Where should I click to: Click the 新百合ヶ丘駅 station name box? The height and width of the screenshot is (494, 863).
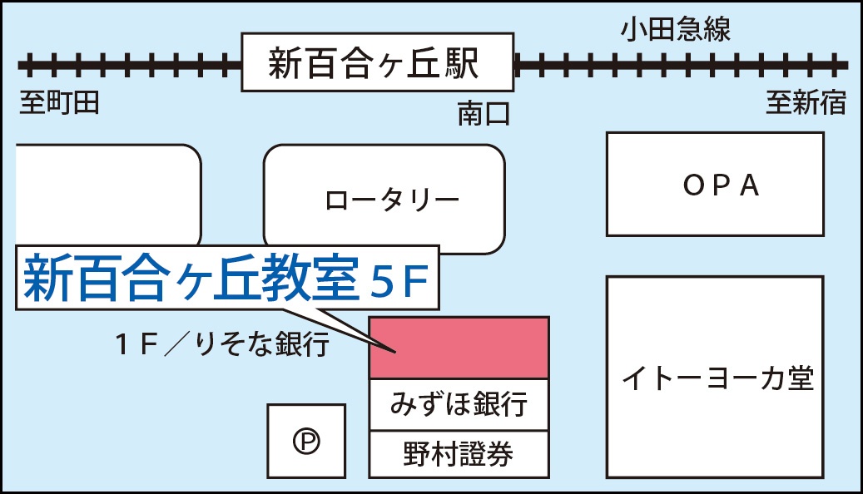(376, 63)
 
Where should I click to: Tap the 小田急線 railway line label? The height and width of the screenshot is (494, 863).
(675, 31)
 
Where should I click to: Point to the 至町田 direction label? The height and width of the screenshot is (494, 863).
(60, 103)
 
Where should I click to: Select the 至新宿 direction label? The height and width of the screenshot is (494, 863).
(806, 103)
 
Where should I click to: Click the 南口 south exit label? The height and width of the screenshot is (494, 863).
(483, 114)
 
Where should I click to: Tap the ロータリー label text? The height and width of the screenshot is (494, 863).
(392, 200)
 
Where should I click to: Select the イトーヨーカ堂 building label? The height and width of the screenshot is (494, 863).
(717, 379)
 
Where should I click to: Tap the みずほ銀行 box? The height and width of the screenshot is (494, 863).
(459, 405)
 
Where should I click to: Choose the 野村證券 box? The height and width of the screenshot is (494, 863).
(459, 454)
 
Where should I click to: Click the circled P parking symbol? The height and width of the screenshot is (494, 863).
(305, 442)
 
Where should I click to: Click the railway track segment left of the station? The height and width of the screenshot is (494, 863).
(129, 64)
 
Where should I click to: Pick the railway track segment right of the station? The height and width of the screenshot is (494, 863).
(678, 64)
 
